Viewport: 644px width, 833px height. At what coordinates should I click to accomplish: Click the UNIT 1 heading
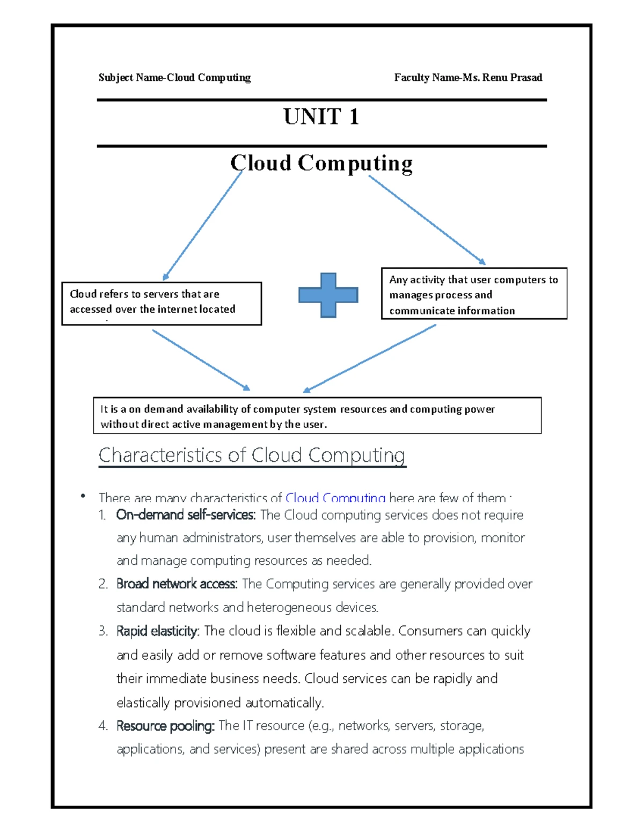[321, 117]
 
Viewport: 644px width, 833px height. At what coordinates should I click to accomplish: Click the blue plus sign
[328, 295]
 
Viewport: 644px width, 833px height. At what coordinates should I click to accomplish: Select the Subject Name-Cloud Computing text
[174, 78]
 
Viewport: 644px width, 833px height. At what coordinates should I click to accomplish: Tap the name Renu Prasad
[512, 78]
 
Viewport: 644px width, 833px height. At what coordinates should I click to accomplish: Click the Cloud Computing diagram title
[321, 163]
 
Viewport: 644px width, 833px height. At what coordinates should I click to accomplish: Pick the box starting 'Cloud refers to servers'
[161, 303]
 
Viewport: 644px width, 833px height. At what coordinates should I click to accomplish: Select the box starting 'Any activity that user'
[474, 294]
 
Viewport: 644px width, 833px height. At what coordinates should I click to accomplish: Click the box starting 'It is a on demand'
[317, 416]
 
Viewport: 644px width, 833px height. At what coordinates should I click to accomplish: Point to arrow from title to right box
[427, 220]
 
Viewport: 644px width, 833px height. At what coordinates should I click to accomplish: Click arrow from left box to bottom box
[201, 360]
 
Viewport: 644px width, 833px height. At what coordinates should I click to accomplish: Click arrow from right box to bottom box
[370, 358]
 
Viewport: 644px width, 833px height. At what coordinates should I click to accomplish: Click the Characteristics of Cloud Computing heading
[252, 455]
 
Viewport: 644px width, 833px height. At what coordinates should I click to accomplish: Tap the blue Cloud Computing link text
[335, 498]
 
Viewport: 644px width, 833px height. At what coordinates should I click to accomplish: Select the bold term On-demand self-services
[185, 515]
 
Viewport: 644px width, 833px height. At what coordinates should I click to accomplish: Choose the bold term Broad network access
[177, 584]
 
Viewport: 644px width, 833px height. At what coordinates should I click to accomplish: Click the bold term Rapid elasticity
[157, 631]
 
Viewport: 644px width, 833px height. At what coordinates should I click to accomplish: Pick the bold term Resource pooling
[165, 726]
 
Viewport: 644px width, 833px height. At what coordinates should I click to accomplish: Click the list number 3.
[103, 631]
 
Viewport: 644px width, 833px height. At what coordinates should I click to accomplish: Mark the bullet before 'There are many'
[83, 496]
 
